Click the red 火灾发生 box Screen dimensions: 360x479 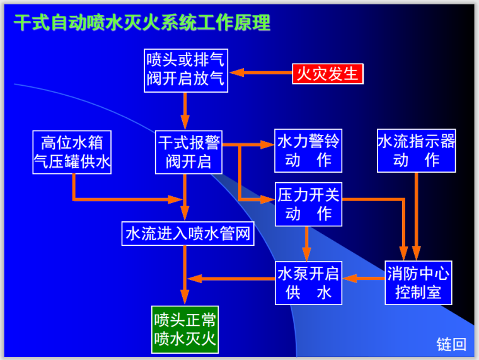[327, 73]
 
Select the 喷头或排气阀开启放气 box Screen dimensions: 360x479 [185, 71]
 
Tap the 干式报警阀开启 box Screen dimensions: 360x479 [189, 152]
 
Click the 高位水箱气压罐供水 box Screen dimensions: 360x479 [72, 152]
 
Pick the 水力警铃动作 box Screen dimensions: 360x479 [308, 151]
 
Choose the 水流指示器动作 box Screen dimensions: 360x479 [417, 151]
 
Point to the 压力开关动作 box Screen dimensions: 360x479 [308, 204]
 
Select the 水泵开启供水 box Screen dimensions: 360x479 [308, 283]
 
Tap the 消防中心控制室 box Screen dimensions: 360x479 [418, 283]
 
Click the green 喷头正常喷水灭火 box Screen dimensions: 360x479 [185, 328]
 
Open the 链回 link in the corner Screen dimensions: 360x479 [451, 344]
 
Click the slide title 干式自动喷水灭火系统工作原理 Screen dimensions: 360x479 [142, 23]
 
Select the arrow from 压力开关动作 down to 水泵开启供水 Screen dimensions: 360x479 [307, 243]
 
